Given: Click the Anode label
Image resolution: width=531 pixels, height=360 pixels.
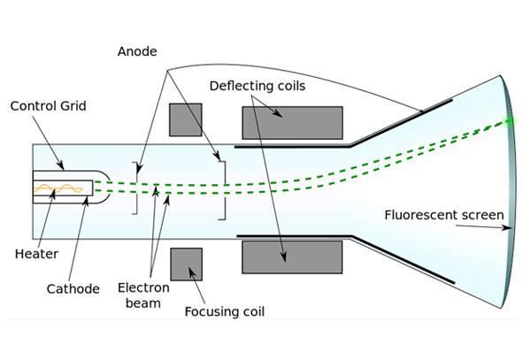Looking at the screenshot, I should pos(136,51).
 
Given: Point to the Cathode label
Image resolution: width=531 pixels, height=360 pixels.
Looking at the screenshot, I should pos(72,288).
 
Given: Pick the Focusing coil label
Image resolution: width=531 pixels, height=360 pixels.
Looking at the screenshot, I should pos(224,311).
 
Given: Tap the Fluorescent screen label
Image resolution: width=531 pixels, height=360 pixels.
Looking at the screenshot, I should pos(444,215).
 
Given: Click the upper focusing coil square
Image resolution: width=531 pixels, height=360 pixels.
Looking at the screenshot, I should pos(185,119).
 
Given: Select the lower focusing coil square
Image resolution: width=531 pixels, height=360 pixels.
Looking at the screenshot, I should pos(186,264).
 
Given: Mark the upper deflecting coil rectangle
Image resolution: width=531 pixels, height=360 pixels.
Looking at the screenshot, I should pos(291,123).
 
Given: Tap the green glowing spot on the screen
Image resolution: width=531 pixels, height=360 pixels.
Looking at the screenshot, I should pos(509,121).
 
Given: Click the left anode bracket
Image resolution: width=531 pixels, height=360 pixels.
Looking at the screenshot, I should pos(135,188).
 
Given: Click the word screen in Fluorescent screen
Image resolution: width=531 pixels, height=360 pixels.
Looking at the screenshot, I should pos(483,215).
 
